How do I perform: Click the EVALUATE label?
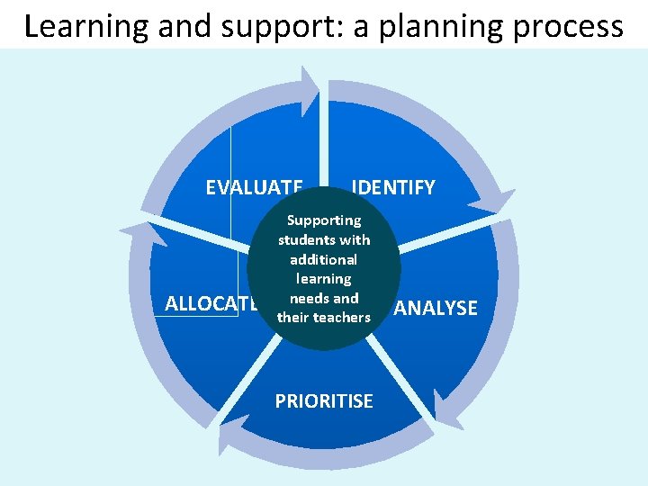coord(254,187)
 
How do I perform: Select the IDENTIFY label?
coord(394,187)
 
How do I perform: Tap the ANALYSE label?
coord(436,308)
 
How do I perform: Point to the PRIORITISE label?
coord(324,401)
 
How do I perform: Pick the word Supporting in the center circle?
coord(324,220)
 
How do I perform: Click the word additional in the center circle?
coord(324,258)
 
